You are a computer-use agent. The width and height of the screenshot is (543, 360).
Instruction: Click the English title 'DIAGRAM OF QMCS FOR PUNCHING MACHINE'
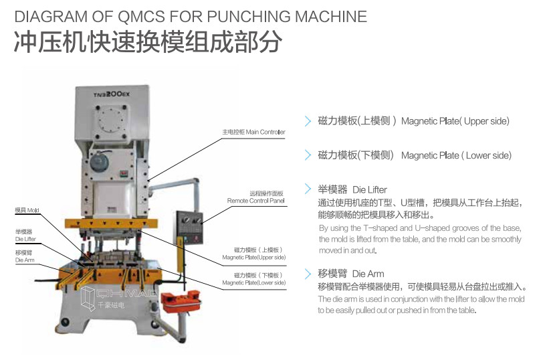(191, 17)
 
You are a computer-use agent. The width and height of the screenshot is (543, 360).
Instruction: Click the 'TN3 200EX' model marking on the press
(112, 94)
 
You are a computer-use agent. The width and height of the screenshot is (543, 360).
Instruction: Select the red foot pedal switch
(181, 301)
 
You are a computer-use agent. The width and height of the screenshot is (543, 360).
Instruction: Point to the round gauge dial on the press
(99, 161)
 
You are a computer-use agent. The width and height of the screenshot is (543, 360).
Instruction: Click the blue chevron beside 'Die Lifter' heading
(308, 189)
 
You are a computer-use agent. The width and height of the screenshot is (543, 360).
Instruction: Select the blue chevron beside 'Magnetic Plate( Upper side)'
(308, 121)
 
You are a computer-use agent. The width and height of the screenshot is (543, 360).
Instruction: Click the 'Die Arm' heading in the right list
(351, 274)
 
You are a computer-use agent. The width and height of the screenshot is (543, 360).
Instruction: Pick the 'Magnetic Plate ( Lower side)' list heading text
(415, 155)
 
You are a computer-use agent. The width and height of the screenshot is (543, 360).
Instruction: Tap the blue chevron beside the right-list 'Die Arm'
(308, 274)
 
